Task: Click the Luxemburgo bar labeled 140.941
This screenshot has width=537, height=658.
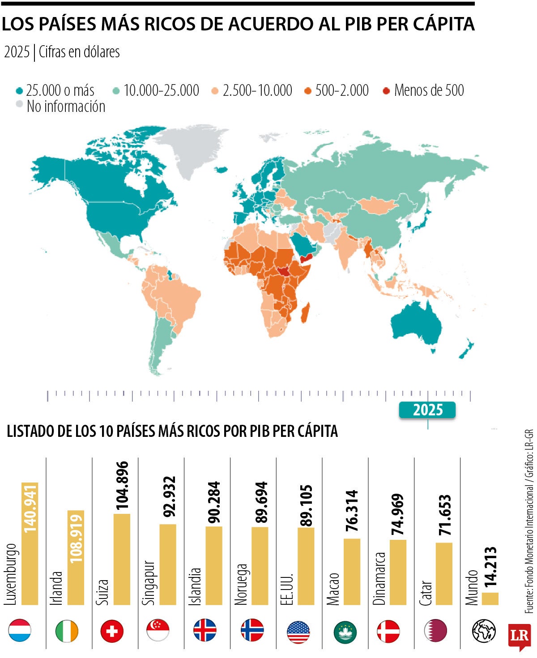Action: click(30, 544)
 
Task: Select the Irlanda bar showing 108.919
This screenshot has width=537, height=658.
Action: click(76, 557)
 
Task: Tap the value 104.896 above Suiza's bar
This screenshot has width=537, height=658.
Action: click(122, 485)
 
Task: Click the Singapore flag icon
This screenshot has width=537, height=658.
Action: click(158, 631)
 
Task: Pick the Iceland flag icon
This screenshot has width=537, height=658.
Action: click(205, 631)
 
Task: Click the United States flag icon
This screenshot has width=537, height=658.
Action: click(298, 632)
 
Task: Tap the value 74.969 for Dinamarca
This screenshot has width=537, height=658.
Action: click(397, 514)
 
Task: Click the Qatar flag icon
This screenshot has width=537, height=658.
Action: click(435, 631)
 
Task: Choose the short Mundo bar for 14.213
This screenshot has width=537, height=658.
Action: click(490, 598)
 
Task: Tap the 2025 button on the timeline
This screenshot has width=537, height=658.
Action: click(427, 410)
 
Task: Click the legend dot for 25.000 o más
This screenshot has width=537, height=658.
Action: click(19, 91)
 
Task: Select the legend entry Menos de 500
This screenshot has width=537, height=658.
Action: click(429, 90)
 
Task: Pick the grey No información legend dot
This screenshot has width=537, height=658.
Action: click(19, 104)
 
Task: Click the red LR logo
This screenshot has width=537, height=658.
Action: click(519, 636)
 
